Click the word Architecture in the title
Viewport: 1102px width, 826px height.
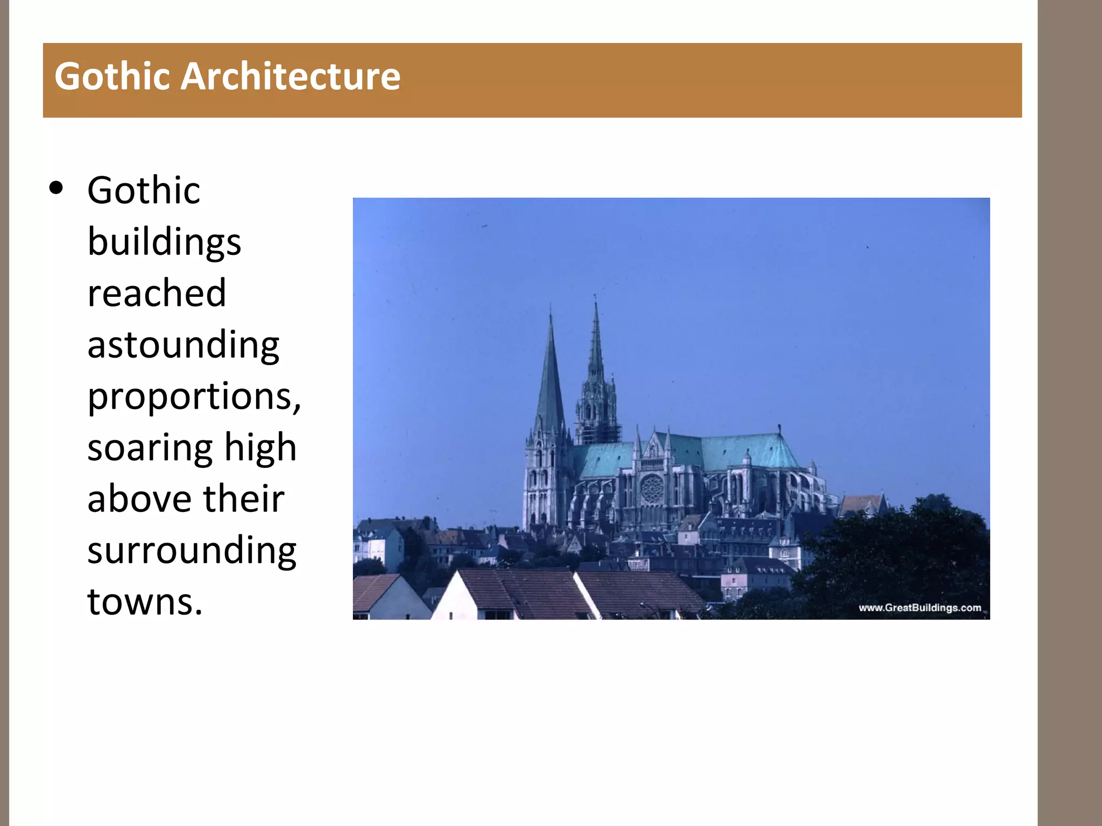(290, 76)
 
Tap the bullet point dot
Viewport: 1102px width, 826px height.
(56, 189)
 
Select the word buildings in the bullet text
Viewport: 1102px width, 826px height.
(164, 242)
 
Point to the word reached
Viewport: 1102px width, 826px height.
(157, 293)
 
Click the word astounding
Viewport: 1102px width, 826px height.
(183, 345)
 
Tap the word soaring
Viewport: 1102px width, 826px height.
(150, 447)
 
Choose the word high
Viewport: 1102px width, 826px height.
(260, 447)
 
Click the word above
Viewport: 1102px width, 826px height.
(139, 499)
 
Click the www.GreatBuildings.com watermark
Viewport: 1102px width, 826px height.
(920, 608)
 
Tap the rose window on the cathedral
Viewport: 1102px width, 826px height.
(652, 490)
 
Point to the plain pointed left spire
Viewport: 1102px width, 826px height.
(550, 376)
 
